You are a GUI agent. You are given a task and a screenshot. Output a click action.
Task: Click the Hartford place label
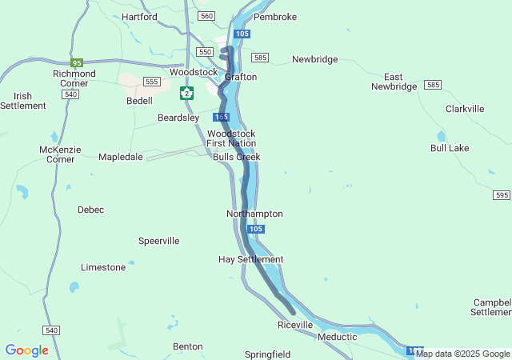pos(139,16)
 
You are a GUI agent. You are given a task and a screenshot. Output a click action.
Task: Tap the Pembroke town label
pos(274,17)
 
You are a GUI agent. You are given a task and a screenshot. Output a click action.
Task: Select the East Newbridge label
pos(394,81)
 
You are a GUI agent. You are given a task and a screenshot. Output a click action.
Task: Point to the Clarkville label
pos(465,109)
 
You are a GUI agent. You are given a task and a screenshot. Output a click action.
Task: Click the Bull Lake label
pos(450,148)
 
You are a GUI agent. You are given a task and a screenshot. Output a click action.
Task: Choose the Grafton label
pos(241,77)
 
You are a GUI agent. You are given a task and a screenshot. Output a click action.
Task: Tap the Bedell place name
pos(139,101)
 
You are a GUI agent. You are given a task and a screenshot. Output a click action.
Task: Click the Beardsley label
pos(178,118)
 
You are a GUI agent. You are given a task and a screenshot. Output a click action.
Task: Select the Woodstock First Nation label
pos(231,138)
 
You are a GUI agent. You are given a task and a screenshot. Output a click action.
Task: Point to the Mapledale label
pos(120,157)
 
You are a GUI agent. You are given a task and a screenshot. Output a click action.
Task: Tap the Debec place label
pos(90,210)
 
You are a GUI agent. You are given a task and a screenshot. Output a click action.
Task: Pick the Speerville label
pos(158,241)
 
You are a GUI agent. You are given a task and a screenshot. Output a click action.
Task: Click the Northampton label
pos(254,214)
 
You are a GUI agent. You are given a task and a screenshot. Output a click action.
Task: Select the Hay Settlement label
pos(250,259)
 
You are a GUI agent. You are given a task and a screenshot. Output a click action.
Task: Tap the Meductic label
pos(337,337)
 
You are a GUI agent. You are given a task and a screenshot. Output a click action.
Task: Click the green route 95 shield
pos(77,62)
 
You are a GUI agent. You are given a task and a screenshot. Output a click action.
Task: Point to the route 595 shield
pos(502,195)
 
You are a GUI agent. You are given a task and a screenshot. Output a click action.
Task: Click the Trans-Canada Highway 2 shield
pos(186,93)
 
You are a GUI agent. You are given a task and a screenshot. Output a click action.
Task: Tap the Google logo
pos(26,350)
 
